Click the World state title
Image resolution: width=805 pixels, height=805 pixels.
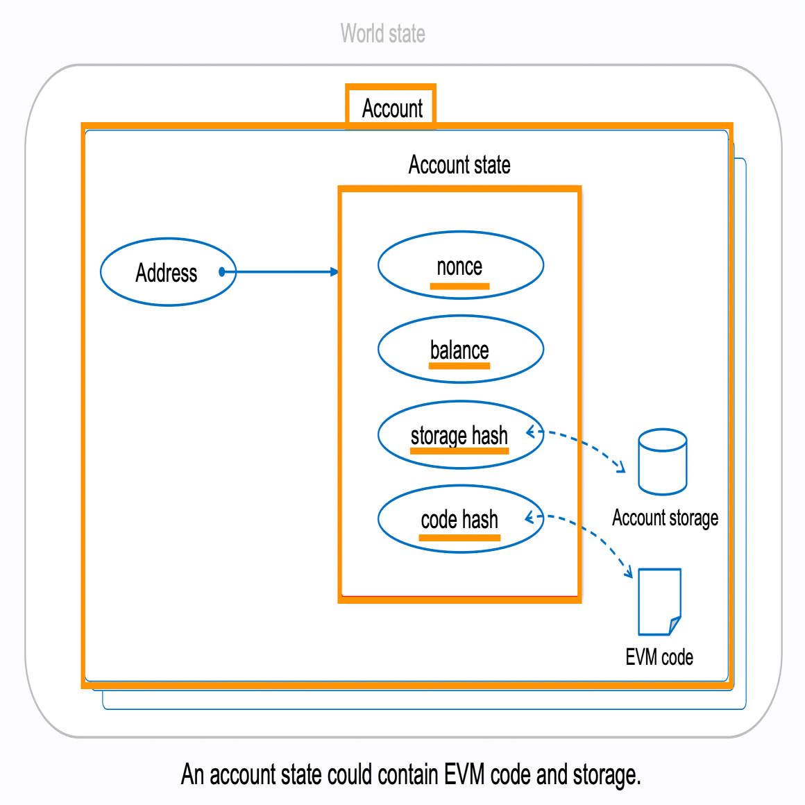382,33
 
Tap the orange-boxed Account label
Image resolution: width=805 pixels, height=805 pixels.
392,108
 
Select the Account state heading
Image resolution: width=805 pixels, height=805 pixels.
459,165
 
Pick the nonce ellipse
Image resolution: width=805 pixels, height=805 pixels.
460,265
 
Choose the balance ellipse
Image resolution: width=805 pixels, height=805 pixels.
460,349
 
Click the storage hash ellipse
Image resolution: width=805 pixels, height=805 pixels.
460,434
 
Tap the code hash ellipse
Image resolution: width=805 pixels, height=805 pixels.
460,518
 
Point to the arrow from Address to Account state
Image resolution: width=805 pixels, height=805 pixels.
285,272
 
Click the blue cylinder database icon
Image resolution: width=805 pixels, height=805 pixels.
663,461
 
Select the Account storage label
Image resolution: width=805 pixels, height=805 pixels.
665,518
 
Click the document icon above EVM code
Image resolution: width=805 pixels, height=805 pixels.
659,601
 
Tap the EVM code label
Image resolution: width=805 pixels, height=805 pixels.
659,657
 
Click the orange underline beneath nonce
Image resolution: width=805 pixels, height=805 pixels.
459,286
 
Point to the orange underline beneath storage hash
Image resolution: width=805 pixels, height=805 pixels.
459,451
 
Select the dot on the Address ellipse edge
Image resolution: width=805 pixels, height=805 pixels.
222,272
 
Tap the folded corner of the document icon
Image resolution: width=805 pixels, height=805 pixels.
674,625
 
